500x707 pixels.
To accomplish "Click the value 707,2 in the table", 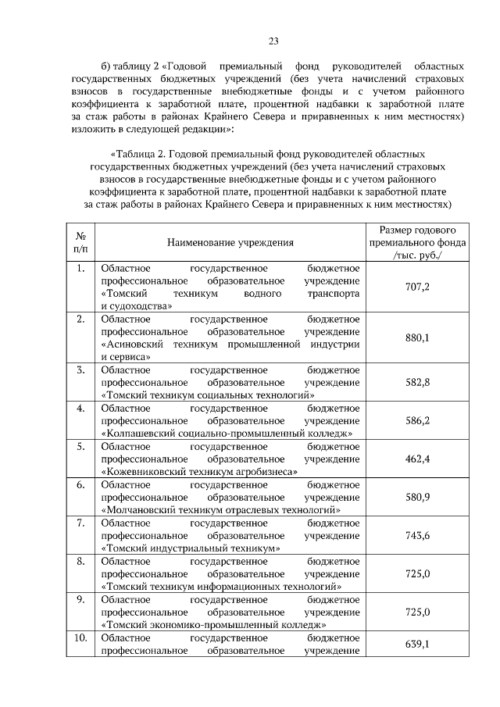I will [417, 287].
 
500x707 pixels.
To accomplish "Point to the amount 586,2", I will [417, 420].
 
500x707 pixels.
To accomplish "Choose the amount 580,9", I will [417, 497].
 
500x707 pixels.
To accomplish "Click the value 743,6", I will [417, 535].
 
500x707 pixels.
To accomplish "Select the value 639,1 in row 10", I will [417, 644].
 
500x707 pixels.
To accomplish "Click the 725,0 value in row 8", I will [417, 573].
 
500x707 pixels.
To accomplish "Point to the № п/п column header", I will [80, 242].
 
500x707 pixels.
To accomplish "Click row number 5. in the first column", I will [80, 446].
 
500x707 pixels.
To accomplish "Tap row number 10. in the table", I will [80, 637].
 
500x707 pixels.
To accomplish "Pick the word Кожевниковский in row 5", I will [144, 471].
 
